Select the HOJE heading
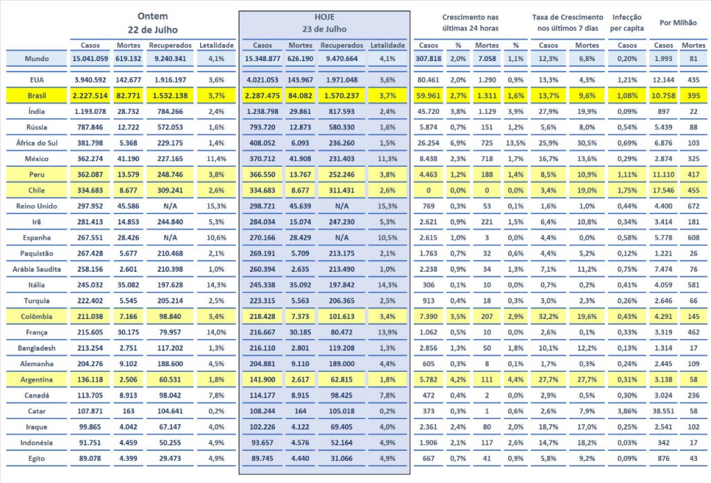[x=324, y=16]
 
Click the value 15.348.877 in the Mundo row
[x=262, y=59]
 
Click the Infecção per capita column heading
[x=628, y=23]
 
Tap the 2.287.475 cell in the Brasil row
[x=262, y=95]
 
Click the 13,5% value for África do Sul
[x=515, y=142]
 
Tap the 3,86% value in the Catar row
[x=627, y=410]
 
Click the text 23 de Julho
[x=324, y=29]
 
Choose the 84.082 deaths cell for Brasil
[x=301, y=95]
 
